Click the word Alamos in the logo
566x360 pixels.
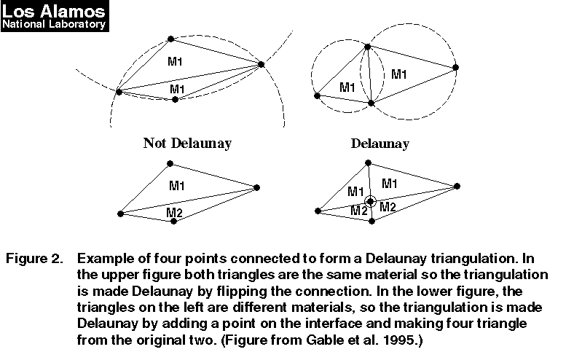coord(72,11)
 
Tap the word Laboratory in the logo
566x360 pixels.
coord(77,24)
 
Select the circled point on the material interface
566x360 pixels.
coord(370,201)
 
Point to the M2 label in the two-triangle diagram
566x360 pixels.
coord(174,212)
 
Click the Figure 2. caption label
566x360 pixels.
coord(34,259)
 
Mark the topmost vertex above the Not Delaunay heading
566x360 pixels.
coord(171,39)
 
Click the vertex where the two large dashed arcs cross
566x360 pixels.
coord(262,64)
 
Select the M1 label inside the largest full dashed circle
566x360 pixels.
coord(399,74)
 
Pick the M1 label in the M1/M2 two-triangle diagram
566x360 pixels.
coord(177,186)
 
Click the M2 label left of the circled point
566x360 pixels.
coord(359,210)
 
